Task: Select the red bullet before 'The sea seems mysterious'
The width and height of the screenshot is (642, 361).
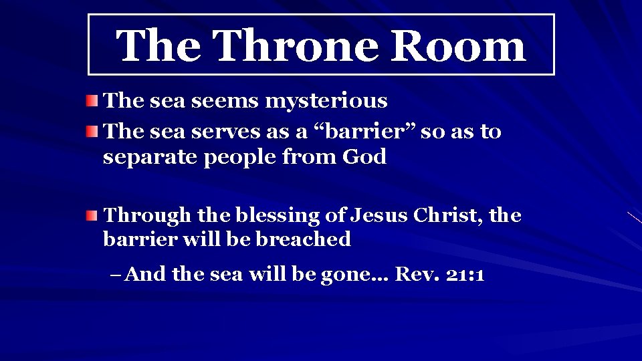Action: (x=92, y=102)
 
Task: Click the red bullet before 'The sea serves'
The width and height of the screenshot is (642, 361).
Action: (x=92, y=132)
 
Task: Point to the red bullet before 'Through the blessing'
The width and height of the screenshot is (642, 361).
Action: (x=92, y=216)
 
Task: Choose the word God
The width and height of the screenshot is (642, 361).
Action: (x=364, y=157)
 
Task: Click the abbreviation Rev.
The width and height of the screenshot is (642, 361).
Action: (x=415, y=275)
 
